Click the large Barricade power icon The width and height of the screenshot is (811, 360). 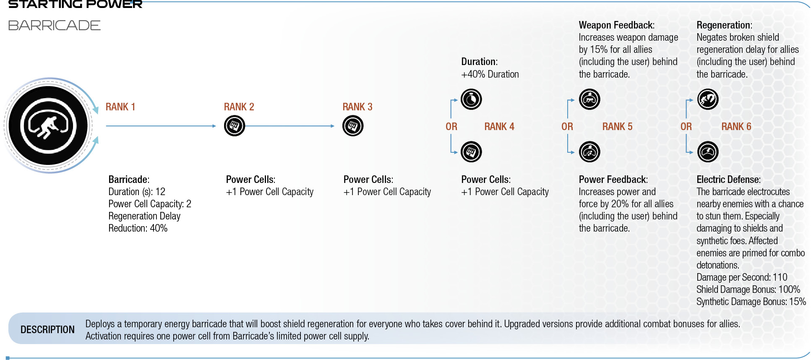pos(49,125)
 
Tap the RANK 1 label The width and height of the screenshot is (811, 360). pos(120,107)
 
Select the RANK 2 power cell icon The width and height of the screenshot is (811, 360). pos(235,126)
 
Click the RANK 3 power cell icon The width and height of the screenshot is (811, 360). pos(353,126)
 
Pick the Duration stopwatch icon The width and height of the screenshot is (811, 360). pos(471,99)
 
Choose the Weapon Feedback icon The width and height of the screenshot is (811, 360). pos(589,99)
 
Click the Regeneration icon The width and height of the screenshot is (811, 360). pos(708,99)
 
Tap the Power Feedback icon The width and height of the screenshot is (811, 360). pos(589,152)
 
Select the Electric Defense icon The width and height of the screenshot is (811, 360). pos(708,152)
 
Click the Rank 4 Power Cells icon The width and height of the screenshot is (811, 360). pos(471,152)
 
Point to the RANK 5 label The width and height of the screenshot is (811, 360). pos(617,127)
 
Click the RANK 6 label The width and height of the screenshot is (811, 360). pos(736,127)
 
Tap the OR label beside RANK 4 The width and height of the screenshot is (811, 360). pos(451,127)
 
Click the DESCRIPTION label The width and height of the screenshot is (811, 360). pos(47,330)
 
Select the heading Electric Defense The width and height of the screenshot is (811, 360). pos(728,180)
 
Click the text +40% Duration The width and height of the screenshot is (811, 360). pos(490,74)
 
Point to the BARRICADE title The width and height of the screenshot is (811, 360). pos(55,26)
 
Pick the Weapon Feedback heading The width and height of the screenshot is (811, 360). pos(617,25)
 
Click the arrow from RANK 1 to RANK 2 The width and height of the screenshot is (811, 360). pos(161,126)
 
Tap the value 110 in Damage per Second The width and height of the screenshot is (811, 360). pos(780,277)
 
